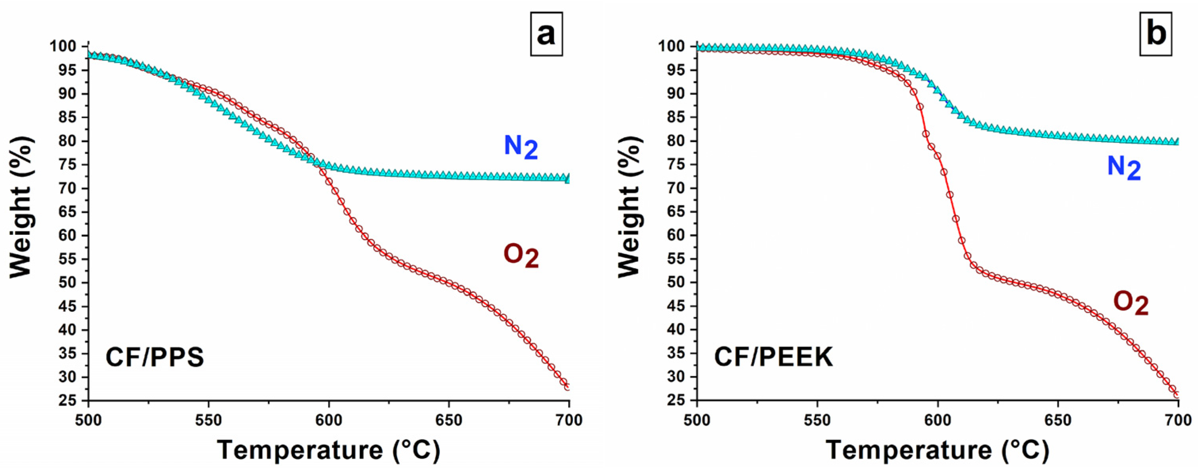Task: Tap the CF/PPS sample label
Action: [155, 358]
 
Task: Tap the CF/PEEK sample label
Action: [773, 358]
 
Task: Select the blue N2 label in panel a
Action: [521, 147]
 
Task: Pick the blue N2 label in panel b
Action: [1124, 168]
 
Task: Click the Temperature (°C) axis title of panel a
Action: [328, 450]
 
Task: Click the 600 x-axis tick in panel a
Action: [328, 420]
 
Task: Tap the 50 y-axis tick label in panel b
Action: [676, 283]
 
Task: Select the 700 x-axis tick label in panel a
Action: [568, 420]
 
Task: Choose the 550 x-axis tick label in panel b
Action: [817, 420]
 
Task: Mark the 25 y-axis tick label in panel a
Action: [67, 401]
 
